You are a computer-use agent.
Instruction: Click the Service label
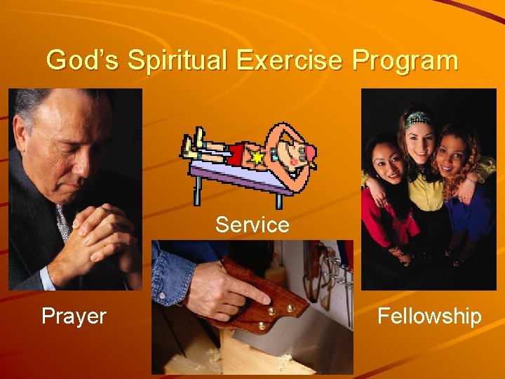pos(252,225)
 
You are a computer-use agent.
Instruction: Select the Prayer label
pos(74,316)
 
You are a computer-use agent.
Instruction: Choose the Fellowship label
pos(429,316)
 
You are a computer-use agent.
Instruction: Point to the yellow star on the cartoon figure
pos(257,158)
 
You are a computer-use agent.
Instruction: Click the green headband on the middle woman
pos(419,117)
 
